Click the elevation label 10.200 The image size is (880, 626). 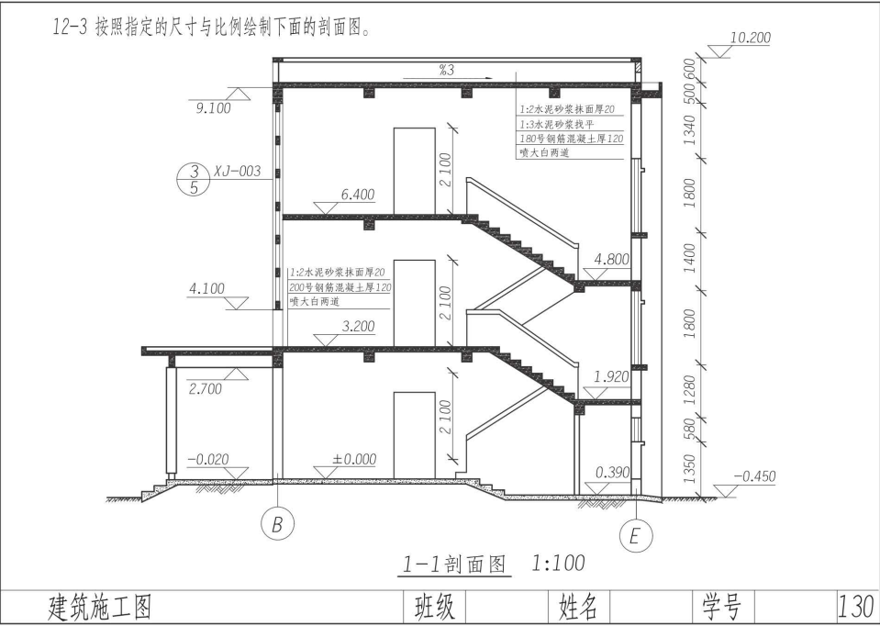(750, 39)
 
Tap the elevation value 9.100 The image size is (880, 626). (213, 108)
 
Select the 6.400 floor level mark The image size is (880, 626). (357, 196)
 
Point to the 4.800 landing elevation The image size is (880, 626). (612, 260)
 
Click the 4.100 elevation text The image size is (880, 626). (206, 289)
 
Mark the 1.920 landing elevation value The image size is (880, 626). (612, 377)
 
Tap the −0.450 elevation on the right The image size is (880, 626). (756, 476)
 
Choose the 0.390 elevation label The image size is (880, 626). (612, 473)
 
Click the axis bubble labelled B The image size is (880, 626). (276, 526)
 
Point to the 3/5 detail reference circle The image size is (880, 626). (193, 179)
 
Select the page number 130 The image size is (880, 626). (856, 606)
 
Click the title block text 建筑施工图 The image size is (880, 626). (98, 607)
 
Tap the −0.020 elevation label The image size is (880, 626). (207, 459)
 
